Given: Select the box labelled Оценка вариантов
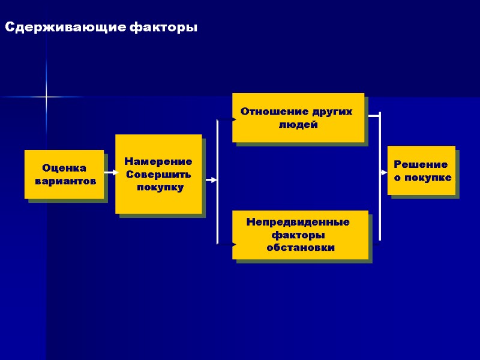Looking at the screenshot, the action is point(64,174).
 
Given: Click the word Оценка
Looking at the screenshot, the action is point(64,168).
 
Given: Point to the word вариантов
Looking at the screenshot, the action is point(64,180).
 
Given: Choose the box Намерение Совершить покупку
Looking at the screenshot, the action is point(158,174).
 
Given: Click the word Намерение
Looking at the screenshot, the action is point(158,162).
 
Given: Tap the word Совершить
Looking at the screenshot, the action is point(158,175).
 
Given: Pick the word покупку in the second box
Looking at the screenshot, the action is point(160,187).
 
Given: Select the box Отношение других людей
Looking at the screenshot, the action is point(298,118).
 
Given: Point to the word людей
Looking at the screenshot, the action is point(298,125).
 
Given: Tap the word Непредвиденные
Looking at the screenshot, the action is point(298,223).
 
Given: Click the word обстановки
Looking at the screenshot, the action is point(301,247).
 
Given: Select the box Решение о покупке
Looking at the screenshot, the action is point(421,170).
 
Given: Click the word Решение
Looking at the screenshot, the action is point(421,164).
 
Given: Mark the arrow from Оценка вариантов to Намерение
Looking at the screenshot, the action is point(110,173).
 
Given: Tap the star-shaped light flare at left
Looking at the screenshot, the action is point(46,97).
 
